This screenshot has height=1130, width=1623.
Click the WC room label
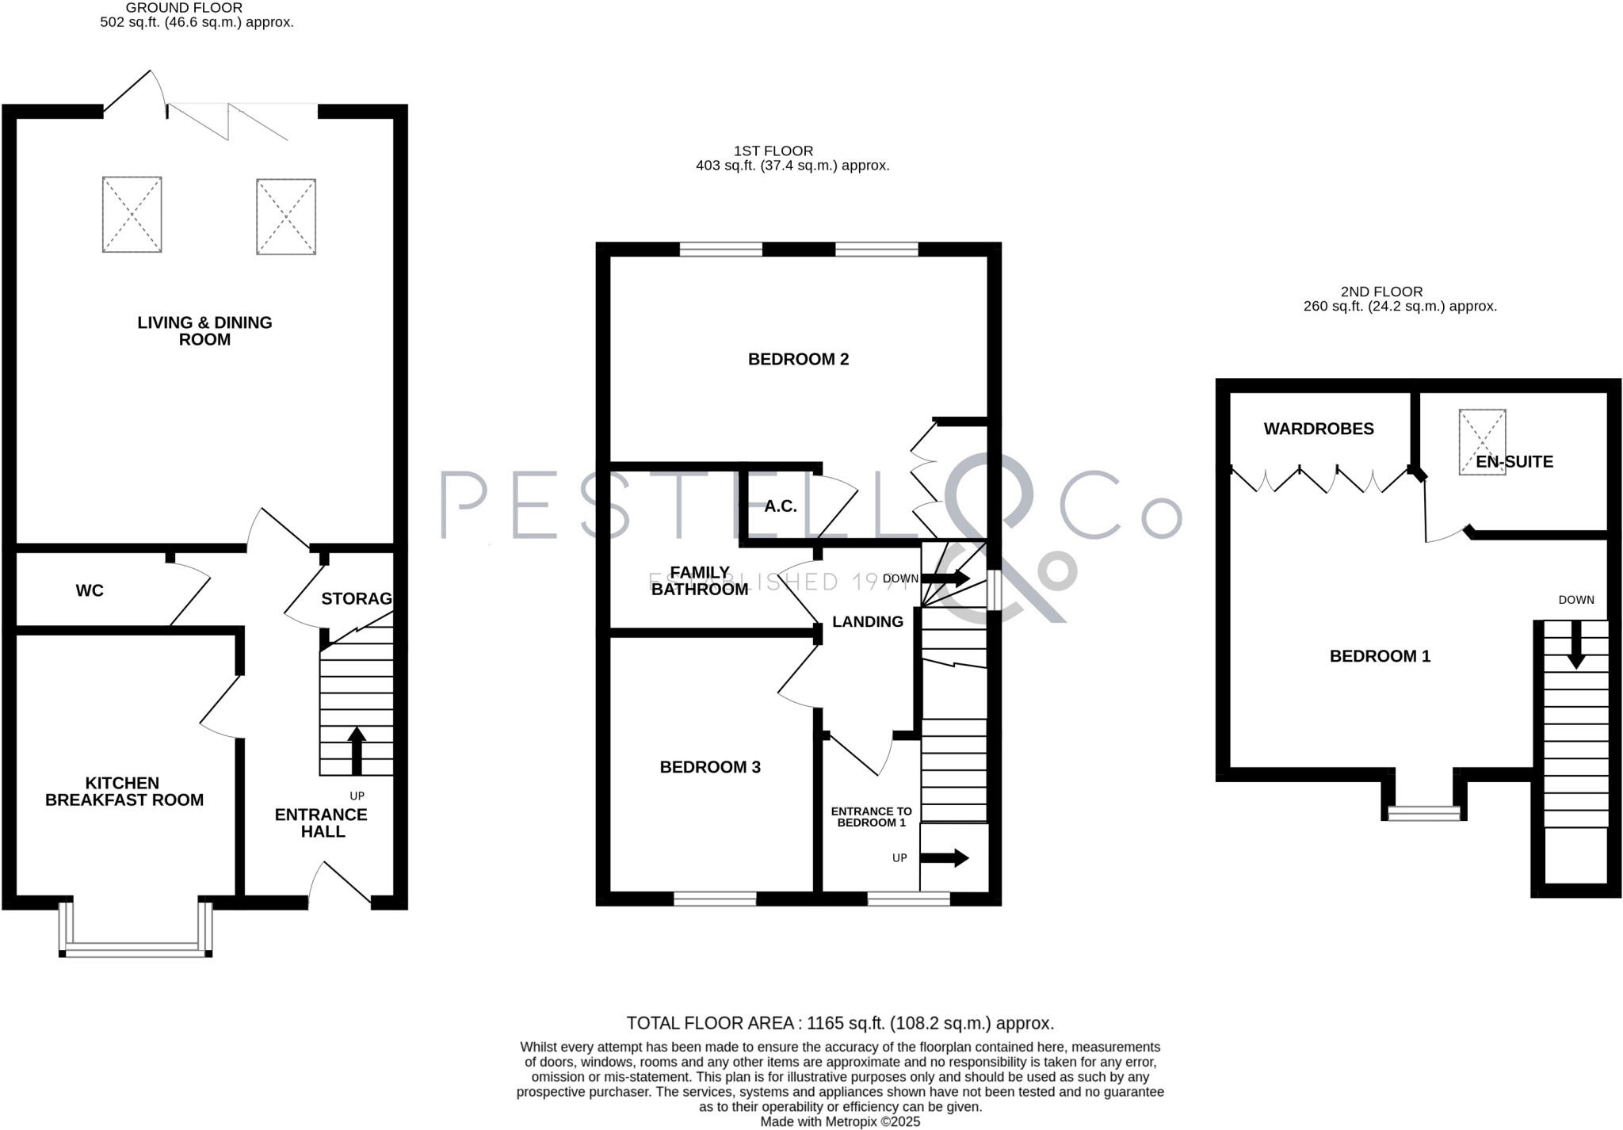coord(90,590)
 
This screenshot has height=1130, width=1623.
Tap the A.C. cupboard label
coord(780,506)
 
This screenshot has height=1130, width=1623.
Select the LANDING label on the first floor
coord(867,622)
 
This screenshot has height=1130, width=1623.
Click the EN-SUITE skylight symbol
coord(1481,441)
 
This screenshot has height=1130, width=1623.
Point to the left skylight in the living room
coord(132,215)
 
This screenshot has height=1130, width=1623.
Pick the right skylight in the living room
coord(285,216)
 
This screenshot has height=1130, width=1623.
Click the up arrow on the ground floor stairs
coord(357,750)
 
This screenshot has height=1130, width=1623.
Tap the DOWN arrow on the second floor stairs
coord(1575,643)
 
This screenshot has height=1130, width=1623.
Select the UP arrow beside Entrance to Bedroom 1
coord(945,857)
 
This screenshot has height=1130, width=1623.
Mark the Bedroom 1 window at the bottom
coord(1423,812)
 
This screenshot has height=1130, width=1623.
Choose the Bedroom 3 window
coord(714,899)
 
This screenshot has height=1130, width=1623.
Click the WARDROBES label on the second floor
coord(1318,429)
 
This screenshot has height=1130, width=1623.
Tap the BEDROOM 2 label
coord(798,359)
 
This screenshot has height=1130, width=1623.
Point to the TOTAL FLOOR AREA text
coord(839,1023)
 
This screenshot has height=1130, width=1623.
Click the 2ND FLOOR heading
coord(1381,292)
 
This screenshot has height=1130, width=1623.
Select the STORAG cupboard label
coord(357,598)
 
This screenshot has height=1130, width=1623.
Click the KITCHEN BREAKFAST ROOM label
coord(124,792)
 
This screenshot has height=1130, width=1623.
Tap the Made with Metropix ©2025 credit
coord(839,1121)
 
